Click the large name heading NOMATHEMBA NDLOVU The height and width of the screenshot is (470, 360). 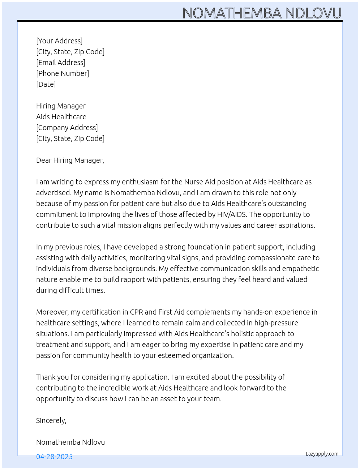click(x=262, y=13)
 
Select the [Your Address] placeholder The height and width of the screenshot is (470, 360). click(x=59, y=41)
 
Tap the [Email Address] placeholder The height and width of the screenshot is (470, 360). click(x=61, y=63)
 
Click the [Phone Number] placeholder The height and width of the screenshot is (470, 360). click(x=63, y=73)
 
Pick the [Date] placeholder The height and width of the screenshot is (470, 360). click(x=46, y=84)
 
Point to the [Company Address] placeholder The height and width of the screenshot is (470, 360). click(x=67, y=128)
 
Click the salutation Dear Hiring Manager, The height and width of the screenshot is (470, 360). click(x=70, y=160)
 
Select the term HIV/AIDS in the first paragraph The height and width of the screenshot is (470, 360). click(x=232, y=214)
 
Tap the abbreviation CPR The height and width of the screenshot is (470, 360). click(x=136, y=312)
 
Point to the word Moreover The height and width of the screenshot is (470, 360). click(x=52, y=312)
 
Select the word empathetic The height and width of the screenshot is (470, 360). click(x=300, y=269)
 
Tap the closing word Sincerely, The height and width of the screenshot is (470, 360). click(x=51, y=420)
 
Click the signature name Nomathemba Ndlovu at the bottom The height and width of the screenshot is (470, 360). click(x=70, y=442)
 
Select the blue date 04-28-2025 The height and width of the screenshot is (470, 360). click(x=54, y=457)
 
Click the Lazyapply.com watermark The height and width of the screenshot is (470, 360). click(x=322, y=454)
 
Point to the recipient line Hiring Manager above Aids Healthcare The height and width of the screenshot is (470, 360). click(x=61, y=106)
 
